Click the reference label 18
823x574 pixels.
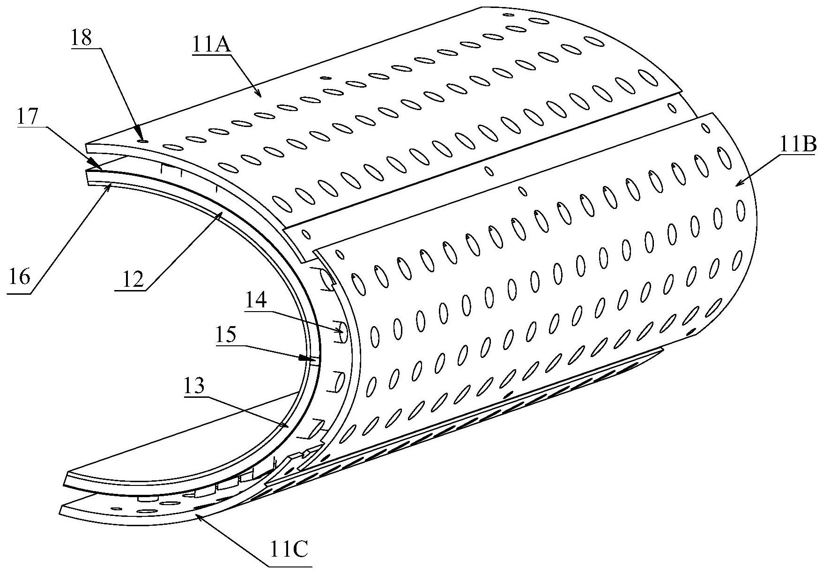[x=82, y=38]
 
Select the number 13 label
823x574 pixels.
[x=193, y=387]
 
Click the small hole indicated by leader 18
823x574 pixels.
[x=142, y=140]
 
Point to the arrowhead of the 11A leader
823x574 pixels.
[x=260, y=96]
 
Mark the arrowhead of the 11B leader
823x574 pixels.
[x=736, y=186]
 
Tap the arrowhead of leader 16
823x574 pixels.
[x=111, y=186]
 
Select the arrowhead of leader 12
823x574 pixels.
[x=222, y=214]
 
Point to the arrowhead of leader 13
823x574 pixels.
[x=289, y=427]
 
